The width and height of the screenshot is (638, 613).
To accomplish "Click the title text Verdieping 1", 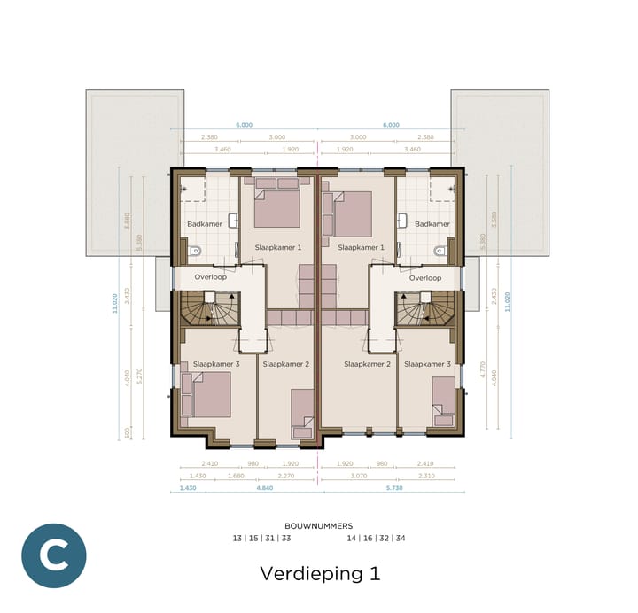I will pos(320,573).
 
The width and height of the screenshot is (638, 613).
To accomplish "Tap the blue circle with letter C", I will pos(54,556).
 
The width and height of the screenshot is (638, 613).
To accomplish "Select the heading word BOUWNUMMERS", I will pos(319,525).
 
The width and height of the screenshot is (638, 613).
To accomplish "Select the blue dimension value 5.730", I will pos(390,489).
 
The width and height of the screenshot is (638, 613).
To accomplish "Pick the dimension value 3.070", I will pos(357,477).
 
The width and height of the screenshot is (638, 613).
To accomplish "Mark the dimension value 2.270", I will pos(285,477).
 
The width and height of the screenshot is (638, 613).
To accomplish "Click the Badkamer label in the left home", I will pos(205,224).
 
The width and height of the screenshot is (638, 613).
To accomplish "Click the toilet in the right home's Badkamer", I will pos(439,251).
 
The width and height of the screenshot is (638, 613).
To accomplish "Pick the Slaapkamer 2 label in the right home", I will pos(367,364).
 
